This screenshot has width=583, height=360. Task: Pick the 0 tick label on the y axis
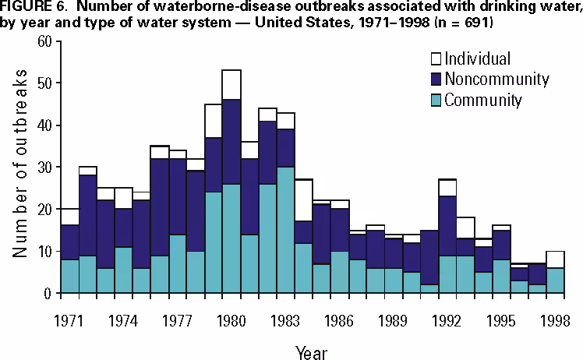point(48,293)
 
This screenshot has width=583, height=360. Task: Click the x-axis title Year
point(312,352)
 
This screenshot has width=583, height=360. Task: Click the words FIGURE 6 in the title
point(31,9)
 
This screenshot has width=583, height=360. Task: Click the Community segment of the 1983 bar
point(285,230)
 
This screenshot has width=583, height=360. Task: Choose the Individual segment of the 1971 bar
point(70,217)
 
